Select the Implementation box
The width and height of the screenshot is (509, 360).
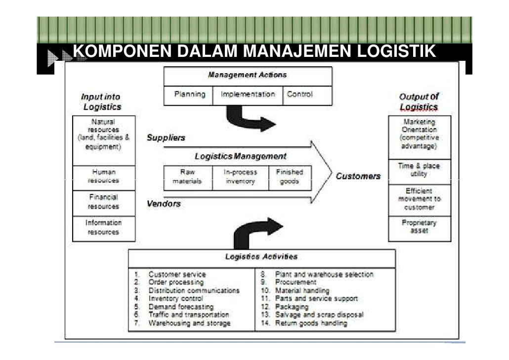pos(248,95)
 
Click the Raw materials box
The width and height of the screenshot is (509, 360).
pos(187,177)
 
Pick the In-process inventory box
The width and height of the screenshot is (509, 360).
pos(240,177)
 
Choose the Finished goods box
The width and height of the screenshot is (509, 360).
pos(290,177)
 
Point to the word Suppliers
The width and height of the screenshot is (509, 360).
pos(166,138)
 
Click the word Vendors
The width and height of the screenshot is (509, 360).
pos(164,204)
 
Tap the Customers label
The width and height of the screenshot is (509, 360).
pos(358,176)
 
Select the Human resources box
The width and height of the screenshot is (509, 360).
pos(103,177)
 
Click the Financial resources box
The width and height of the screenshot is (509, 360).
pos(103,202)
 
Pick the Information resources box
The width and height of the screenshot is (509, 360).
pos(103,227)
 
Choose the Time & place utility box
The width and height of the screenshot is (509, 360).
pos(419,171)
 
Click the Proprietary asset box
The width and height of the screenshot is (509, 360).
pos(419,227)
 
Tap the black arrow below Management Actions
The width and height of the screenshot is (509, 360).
pos(247,119)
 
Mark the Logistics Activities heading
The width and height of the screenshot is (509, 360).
pos(261,257)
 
